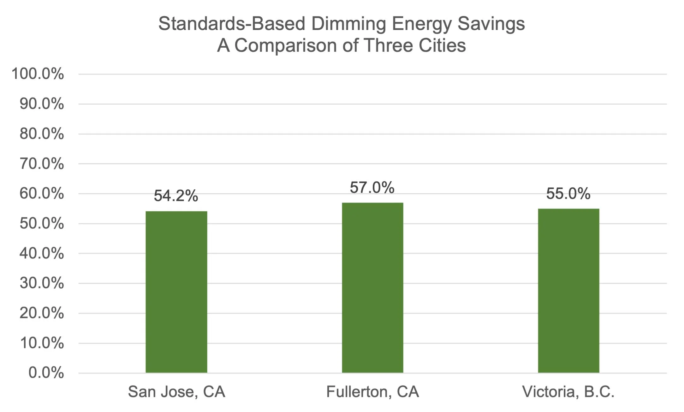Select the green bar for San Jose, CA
[176, 292]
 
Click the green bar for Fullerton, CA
[372, 287]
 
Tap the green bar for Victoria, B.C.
[568, 291]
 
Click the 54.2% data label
[176, 196]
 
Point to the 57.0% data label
[372, 187]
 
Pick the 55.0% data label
[568, 193]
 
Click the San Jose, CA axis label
[176, 392]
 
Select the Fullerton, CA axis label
[372, 392]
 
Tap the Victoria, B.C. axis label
[568, 392]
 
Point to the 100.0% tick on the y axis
[38, 74]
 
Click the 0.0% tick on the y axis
[46, 373]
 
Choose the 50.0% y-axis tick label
[42, 224]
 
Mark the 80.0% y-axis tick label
[42, 134]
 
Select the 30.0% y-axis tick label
[42, 283]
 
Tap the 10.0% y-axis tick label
[42, 343]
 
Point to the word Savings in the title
[491, 24]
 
